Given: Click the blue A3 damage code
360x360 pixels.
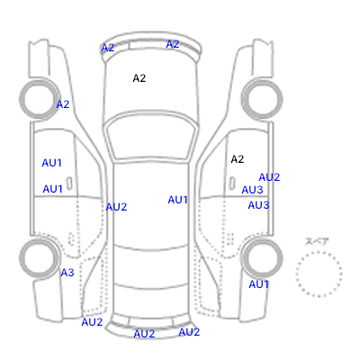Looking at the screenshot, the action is click(x=67, y=273).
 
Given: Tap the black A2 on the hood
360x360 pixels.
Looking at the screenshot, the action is click(x=139, y=78).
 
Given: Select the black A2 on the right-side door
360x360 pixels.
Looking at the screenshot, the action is click(x=238, y=159).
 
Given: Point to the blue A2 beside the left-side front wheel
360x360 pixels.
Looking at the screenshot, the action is click(x=63, y=104).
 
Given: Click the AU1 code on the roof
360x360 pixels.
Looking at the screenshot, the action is click(x=177, y=200).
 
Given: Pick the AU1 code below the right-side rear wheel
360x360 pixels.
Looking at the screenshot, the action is click(x=258, y=284).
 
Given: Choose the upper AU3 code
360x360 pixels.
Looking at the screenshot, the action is click(x=252, y=190).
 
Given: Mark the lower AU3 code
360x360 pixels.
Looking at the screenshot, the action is click(x=258, y=205).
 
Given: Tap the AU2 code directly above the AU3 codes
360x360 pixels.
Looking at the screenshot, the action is click(x=269, y=177).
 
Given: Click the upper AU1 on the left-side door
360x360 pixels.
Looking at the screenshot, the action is click(x=51, y=163).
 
